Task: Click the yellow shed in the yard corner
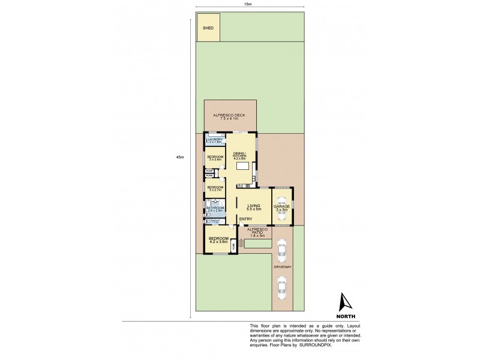(x=209, y=28)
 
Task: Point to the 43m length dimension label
(x=179, y=157)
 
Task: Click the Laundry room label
(x=215, y=140)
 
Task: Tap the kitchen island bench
(x=242, y=165)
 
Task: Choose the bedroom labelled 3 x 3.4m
(x=215, y=158)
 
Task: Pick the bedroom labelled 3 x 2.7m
(x=215, y=188)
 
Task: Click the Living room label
(x=254, y=208)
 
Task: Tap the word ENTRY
(x=245, y=219)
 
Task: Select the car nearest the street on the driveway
(x=282, y=290)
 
